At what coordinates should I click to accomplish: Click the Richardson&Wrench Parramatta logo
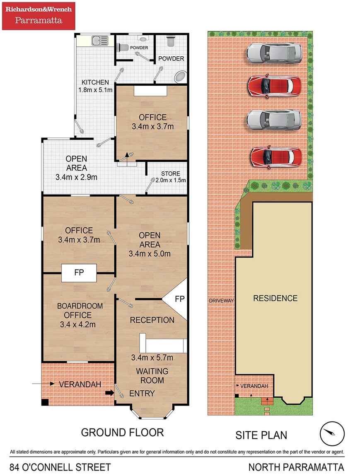pos(39,16)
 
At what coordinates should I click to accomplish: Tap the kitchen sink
pos(100,41)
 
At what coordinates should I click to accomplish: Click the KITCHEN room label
pos(95,82)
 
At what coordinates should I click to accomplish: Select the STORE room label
pos(170,174)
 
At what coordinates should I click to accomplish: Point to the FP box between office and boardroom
pos(79,273)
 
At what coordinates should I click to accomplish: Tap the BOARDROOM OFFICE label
pos(80,310)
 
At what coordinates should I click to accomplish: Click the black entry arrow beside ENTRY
pos(109,393)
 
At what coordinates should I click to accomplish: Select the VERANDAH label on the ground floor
pos(80,385)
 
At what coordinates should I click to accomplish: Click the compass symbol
pos(332,433)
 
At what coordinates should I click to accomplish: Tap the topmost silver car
pos(274,52)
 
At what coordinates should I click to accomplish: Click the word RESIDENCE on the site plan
pos(275,298)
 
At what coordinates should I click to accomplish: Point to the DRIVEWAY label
pos(221,301)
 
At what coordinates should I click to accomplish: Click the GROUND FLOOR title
pos(123,432)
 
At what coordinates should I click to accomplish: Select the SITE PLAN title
pos(261,435)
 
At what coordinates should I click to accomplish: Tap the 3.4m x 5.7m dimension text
pos(152,358)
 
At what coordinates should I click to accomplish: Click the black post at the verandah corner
pos(45,402)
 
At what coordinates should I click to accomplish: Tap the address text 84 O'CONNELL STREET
pos(60,467)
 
